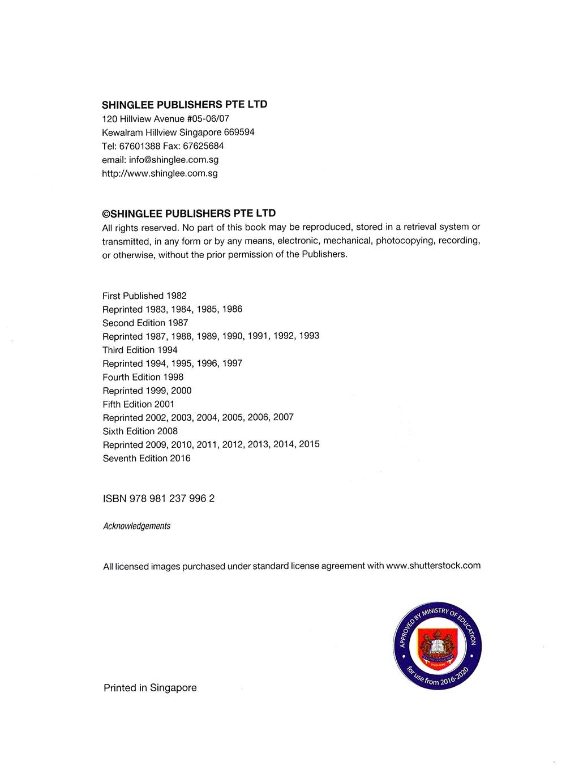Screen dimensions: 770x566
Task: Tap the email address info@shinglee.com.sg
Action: [174, 160]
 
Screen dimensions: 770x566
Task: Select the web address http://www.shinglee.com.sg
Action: [160, 173]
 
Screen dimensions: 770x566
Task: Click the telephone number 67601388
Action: [140, 146]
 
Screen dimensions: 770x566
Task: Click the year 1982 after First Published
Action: [176, 296]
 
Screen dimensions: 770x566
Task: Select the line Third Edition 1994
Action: [140, 350]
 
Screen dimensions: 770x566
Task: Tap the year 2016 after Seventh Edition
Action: [180, 458]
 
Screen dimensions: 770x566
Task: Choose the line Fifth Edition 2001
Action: [139, 404]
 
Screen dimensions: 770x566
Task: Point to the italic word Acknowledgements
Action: [136, 526]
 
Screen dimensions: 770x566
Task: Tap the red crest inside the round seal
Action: [437, 645]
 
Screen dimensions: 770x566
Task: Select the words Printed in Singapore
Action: [150, 688]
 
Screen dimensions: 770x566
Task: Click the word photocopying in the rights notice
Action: [405, 241]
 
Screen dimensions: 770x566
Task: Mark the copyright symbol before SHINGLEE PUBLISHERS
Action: [106, 214]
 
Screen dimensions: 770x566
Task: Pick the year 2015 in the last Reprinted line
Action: [309, 444]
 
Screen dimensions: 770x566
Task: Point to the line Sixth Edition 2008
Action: [140, 431]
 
